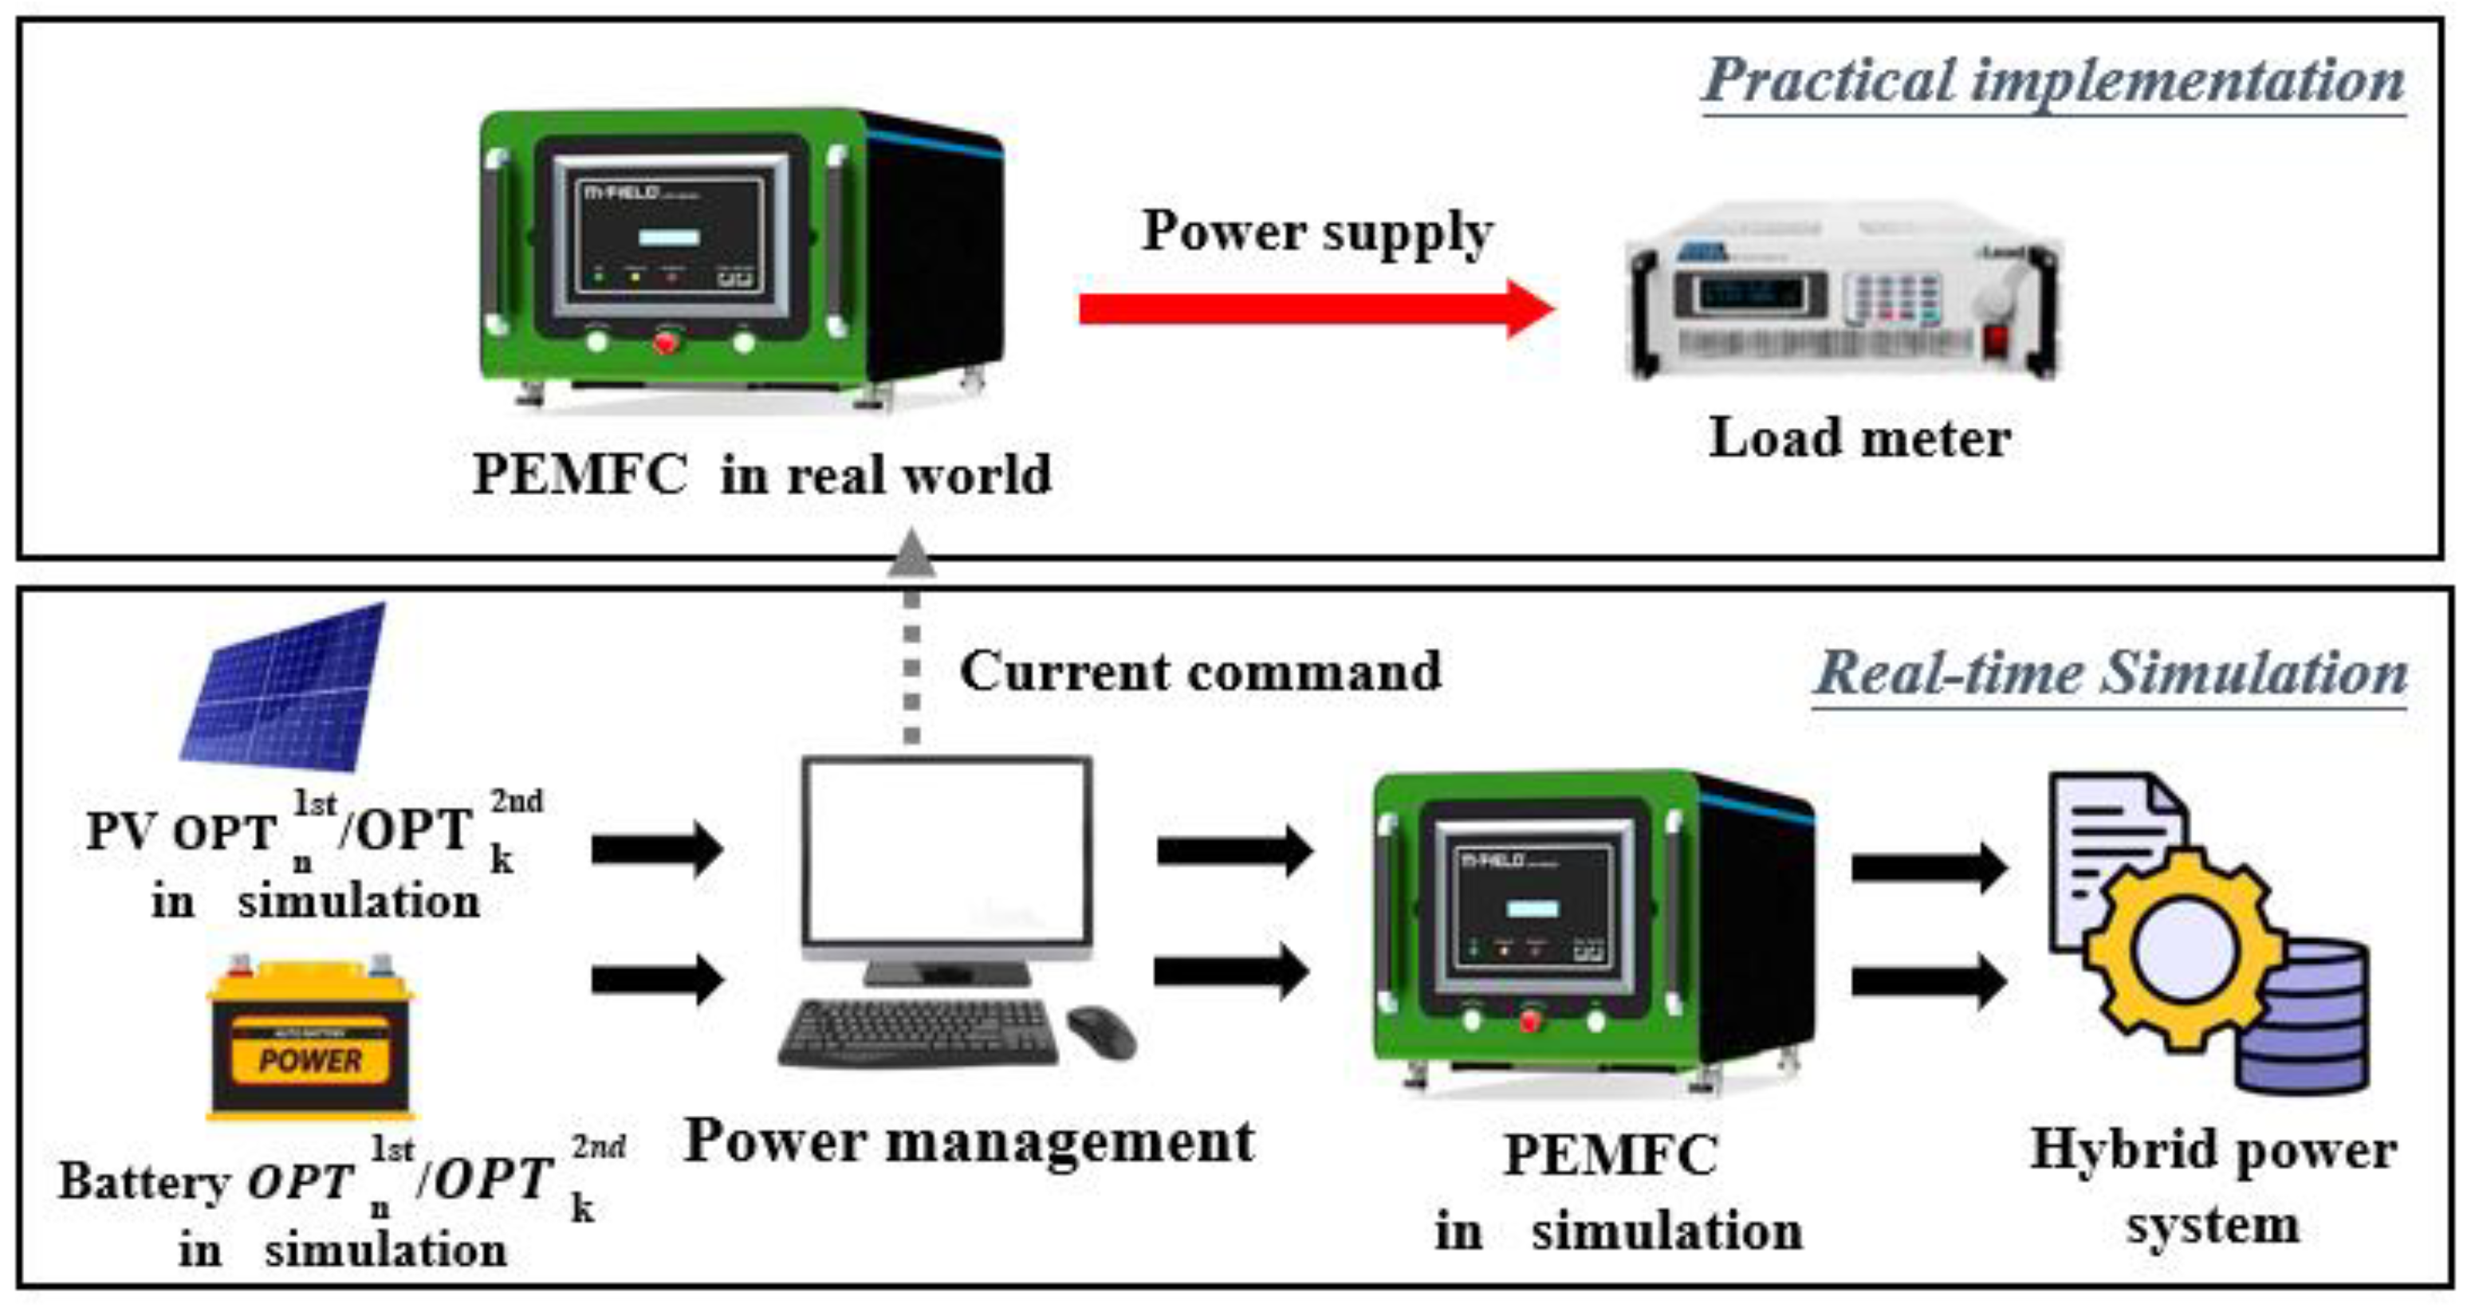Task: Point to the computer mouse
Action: [1101, 1031]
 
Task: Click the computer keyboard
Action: [918, 1032]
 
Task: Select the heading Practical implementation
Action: [2053, 80]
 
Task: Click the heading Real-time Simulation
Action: [2111, 674]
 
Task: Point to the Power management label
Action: [968, 1141]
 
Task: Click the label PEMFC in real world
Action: [762, 474]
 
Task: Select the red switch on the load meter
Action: [1995, 339]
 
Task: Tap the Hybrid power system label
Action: [2213, 1185]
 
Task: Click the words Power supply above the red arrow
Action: [1316, 232]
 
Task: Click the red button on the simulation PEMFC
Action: [1529, 1019]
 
